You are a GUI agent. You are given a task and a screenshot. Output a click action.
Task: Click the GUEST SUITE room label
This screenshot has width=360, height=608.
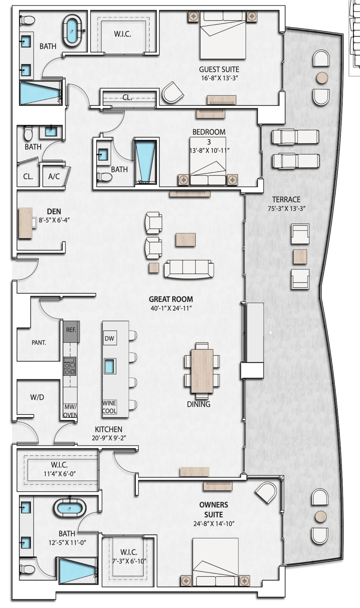point(219,70)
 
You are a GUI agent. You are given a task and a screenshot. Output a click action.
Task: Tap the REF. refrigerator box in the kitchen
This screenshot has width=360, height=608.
point(71,332)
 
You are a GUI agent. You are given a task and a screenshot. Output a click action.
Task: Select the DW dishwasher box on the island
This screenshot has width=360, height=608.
point(110,338)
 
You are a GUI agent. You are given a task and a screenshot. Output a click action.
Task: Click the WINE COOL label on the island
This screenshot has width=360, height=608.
point(110,407)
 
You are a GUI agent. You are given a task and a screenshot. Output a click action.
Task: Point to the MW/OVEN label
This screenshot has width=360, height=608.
point(70,411)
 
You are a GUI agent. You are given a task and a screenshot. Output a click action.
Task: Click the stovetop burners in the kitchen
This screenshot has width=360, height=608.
point(70,366)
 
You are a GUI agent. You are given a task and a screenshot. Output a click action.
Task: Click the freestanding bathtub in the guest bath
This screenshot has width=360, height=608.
point(72,30)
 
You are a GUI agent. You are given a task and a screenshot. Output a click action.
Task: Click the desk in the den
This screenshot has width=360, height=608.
point(26,223)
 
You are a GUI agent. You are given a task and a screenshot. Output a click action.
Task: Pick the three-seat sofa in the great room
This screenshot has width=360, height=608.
point(189,269)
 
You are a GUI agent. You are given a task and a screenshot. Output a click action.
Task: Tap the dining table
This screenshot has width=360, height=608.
point(202,371)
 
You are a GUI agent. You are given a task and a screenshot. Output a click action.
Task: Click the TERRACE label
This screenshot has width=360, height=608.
point(286,199)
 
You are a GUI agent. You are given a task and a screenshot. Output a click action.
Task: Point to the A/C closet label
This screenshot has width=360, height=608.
point(54,176)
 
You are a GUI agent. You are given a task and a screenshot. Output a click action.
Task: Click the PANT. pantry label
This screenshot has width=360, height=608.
point(39,343)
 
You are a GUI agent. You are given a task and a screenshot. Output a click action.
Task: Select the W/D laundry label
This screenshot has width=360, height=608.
point(37,398)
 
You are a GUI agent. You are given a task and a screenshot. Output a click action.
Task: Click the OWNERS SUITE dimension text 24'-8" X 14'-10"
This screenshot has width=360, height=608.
point(214,524)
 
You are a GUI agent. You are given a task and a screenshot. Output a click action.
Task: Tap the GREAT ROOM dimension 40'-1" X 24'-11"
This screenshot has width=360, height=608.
point(171,308)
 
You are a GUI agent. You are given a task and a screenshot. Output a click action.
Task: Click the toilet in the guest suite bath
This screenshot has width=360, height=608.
point(28,20)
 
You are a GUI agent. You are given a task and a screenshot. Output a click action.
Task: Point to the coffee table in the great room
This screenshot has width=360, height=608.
point(186,240)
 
